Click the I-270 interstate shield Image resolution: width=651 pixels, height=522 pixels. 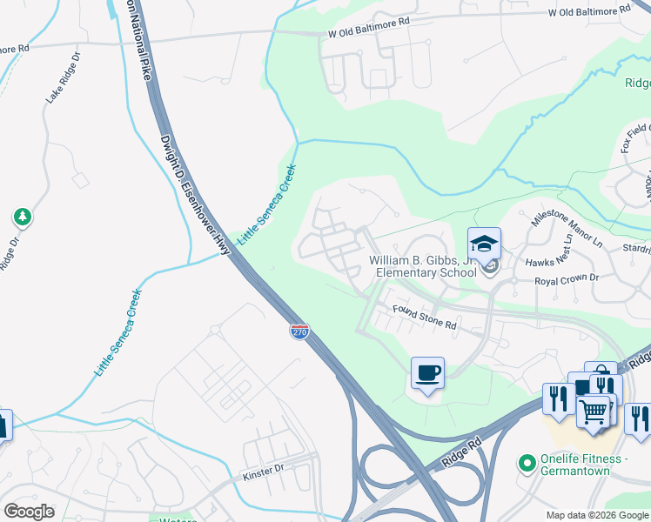(299, 331)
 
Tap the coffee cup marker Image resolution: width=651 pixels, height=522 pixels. (427, 374)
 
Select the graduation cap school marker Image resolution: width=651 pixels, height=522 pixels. (485, 244)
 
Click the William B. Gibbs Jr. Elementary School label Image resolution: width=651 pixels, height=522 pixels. (423, 266)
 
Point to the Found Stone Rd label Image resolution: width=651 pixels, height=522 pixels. (424, 318)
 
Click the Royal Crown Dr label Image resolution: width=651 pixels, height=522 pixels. (567, 279)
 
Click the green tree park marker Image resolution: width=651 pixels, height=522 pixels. (22, 217)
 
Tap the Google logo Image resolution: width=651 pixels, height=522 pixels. (29, 512)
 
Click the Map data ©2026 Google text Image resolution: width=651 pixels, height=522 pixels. (596, 515)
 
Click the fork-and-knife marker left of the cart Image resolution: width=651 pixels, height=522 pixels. (557, 398)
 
